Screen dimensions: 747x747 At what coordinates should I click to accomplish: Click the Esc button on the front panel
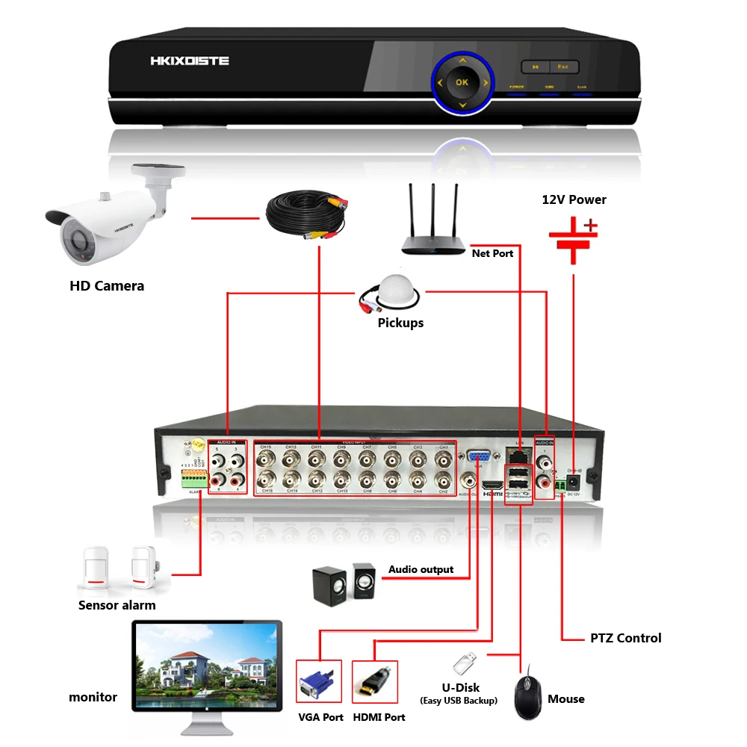pos(563,66)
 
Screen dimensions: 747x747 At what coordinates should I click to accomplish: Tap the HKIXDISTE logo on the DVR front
pos(189,61)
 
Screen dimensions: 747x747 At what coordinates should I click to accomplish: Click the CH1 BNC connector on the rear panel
pos(443,458)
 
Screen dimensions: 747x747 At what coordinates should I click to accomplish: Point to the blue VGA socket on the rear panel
pos(478,459)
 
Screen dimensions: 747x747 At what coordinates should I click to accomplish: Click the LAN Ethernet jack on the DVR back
pos(515,455)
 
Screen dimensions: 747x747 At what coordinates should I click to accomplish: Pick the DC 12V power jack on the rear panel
pos(574,481)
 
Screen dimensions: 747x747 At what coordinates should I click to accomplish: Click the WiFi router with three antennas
pos(433,224)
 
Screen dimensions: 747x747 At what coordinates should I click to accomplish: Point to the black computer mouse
pos(529,693)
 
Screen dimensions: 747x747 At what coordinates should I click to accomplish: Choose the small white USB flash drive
pos(465,663)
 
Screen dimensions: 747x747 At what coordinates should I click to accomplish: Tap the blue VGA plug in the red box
pos(318,684)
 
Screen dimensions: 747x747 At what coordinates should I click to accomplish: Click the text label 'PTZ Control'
pos(625,638)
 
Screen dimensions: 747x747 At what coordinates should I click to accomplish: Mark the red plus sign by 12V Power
pos(591,224)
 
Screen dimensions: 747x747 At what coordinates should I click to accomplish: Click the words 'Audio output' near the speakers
pos(421,569)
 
